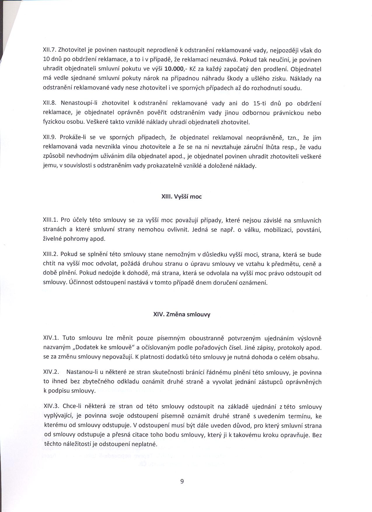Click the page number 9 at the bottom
(x=182, y=482)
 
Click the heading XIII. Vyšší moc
(x=181, y=197)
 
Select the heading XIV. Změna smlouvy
(x=181, y=314)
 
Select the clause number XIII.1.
(x=50, y=220)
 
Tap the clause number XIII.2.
(x=50, y=255)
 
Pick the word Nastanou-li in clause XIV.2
(x=80, y=372)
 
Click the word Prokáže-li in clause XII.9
(x=73, y=138)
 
